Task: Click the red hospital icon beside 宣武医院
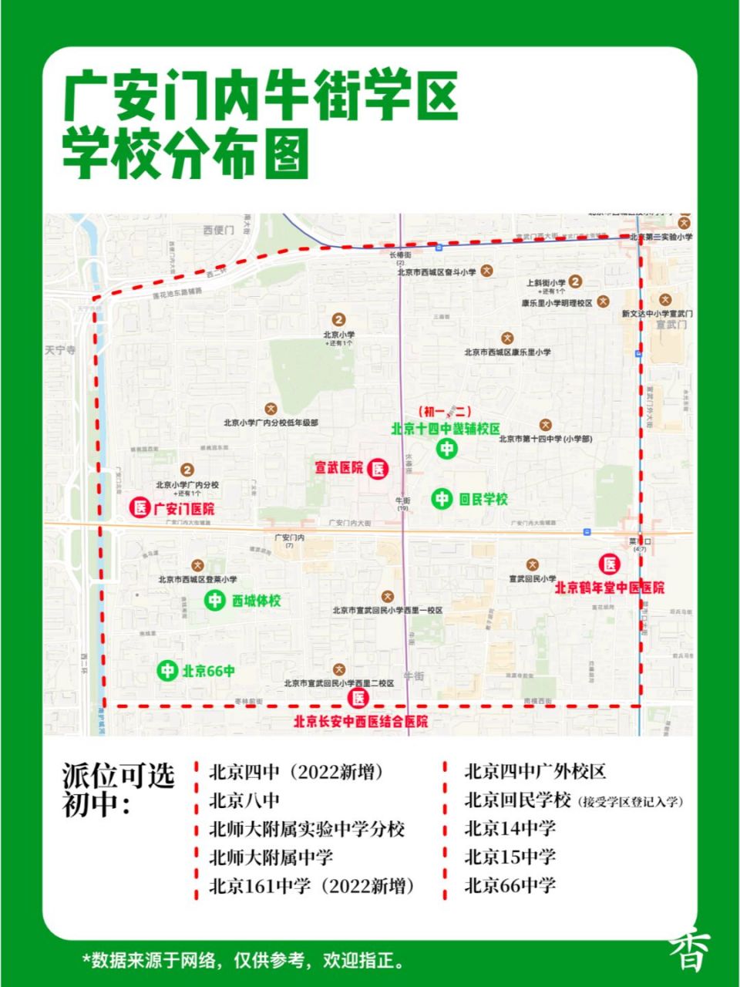[x=378, y=468]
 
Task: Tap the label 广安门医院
[x=183, y=508]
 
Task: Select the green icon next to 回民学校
[x=442, y=499]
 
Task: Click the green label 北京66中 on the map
[x=208, y=671]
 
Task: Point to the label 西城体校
[x=257, y=600]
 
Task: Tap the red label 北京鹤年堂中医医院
[x=610, y=588]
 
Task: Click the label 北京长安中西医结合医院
[x=361, y=722]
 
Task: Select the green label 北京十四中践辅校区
[x=446, y=429]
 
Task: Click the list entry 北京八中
[x=244, y=800]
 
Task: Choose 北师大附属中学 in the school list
[x=271, y=857]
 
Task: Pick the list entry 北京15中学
[x=510, y=857]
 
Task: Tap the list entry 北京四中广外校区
[x=535, y=771]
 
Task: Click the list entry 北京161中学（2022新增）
[x=313, y=886]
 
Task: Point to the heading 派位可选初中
[x=119, y=790]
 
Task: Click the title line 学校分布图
[x=186, y=153]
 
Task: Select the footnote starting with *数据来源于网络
[x=244, y=961]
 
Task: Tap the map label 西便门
[x=218, y=230]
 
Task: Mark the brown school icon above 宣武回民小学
[x=532, y=565]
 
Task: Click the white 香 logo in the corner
[x=688, y=952]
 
